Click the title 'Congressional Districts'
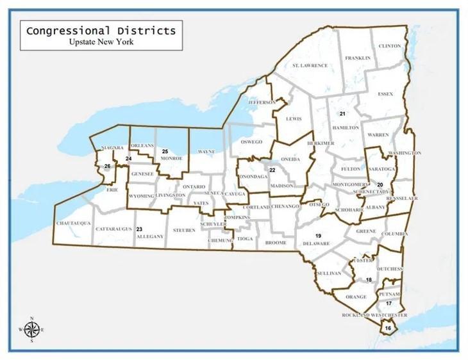coord(101,31)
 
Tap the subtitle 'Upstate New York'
coord(101,42)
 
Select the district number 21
coord(342,114)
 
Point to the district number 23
coord(139,229)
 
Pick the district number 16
coord(388,328)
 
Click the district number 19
coord(318,236)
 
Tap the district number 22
coord(272,170)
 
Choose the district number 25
coord(165,152)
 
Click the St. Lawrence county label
coord(310,66)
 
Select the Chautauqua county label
coord(72,223)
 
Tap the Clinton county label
coord(390,46)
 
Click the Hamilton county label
coord(346,127)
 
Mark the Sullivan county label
coord(329,273)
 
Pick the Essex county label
coord(385,94)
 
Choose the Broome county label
coord(276,244)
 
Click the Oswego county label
coord(251,142)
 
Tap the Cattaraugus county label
coord(113,229)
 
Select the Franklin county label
coord(358,58)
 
